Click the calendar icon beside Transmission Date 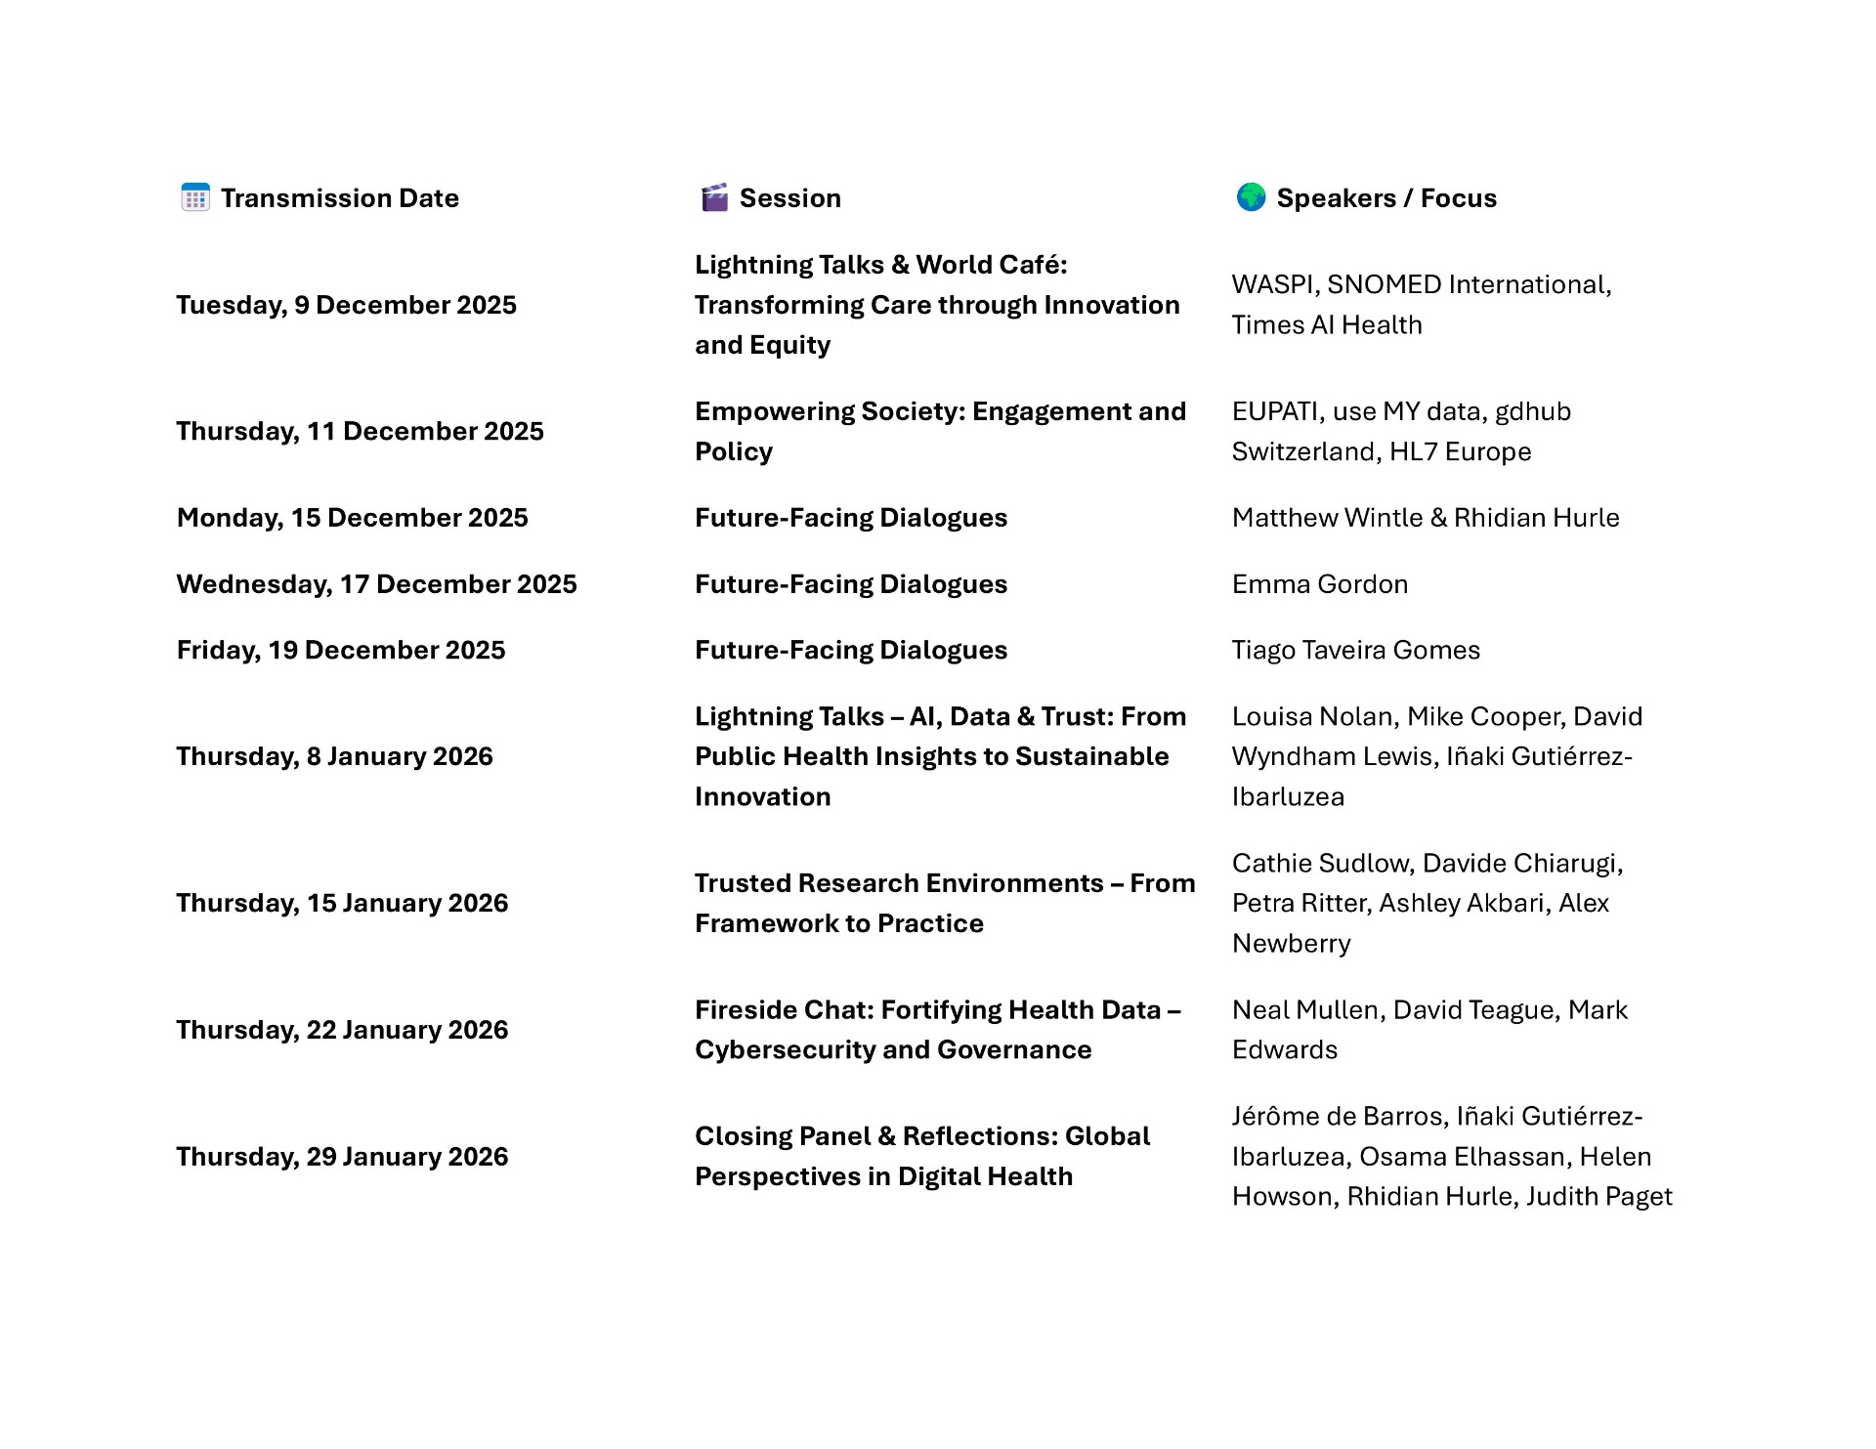(x=195, y=197)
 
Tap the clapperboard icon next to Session (x=714, y=197)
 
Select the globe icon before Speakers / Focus (x=1251, y=197)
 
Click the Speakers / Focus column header (x=1386, y=198)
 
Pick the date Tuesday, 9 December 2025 (x=346, y=305)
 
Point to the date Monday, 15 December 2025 (x=352, y=518)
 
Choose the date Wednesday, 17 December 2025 (x=376, y=584)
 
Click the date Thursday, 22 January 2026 (x=342, y=1030)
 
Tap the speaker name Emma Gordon (x=1319, y=584)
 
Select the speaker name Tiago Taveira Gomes (x=1355, y=651)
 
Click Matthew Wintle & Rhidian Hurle (x=1425, y=518)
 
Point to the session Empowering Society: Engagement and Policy (x=939, y=431)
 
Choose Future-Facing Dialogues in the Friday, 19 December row (x=850, y=651)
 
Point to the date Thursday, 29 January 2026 (x=342, y=1157)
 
